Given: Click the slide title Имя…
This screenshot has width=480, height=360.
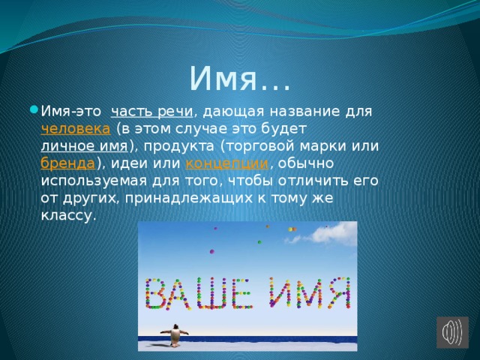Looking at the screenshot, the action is pos(239,79).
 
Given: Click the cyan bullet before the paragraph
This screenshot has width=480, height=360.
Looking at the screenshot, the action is pos(34,109).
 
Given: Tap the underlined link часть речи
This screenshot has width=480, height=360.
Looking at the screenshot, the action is pos(151,112).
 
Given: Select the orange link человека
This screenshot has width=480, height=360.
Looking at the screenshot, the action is pos(75,129).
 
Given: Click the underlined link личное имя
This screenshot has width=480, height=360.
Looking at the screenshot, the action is pos(84,146).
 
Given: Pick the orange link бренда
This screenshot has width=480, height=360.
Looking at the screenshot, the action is pos(67,163).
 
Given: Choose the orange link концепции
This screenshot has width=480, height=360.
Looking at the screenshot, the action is pos(226,163).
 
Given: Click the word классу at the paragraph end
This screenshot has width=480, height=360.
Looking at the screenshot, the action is pos(66,216).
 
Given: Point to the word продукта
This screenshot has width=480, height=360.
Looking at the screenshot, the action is pos(178,147).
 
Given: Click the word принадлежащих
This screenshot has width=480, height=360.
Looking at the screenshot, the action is pos(188,199).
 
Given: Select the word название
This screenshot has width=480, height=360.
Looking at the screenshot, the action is pos(304,112).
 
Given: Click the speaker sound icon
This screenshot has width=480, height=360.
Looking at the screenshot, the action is pos(452,332).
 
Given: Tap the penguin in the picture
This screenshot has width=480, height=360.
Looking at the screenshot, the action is pos(175,335).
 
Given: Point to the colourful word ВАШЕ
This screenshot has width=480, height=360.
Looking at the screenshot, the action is pos(199,293).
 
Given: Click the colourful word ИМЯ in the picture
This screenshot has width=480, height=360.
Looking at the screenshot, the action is pos(310,292).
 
